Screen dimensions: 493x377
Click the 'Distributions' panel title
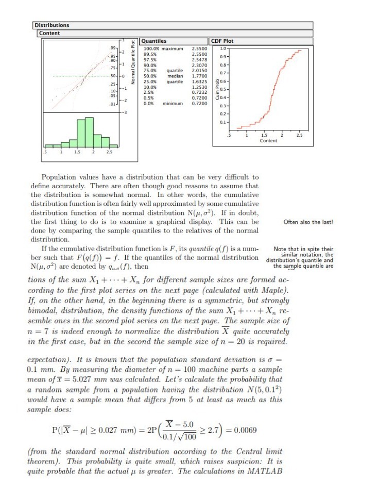pos(52,25)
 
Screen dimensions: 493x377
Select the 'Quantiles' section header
pos(154,41)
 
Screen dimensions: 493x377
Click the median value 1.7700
pos(199,76)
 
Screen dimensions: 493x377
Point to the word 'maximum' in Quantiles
pos(173,48)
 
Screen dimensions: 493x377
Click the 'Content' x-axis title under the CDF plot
pos(268,141)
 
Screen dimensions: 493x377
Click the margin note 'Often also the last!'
pos(309,222)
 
